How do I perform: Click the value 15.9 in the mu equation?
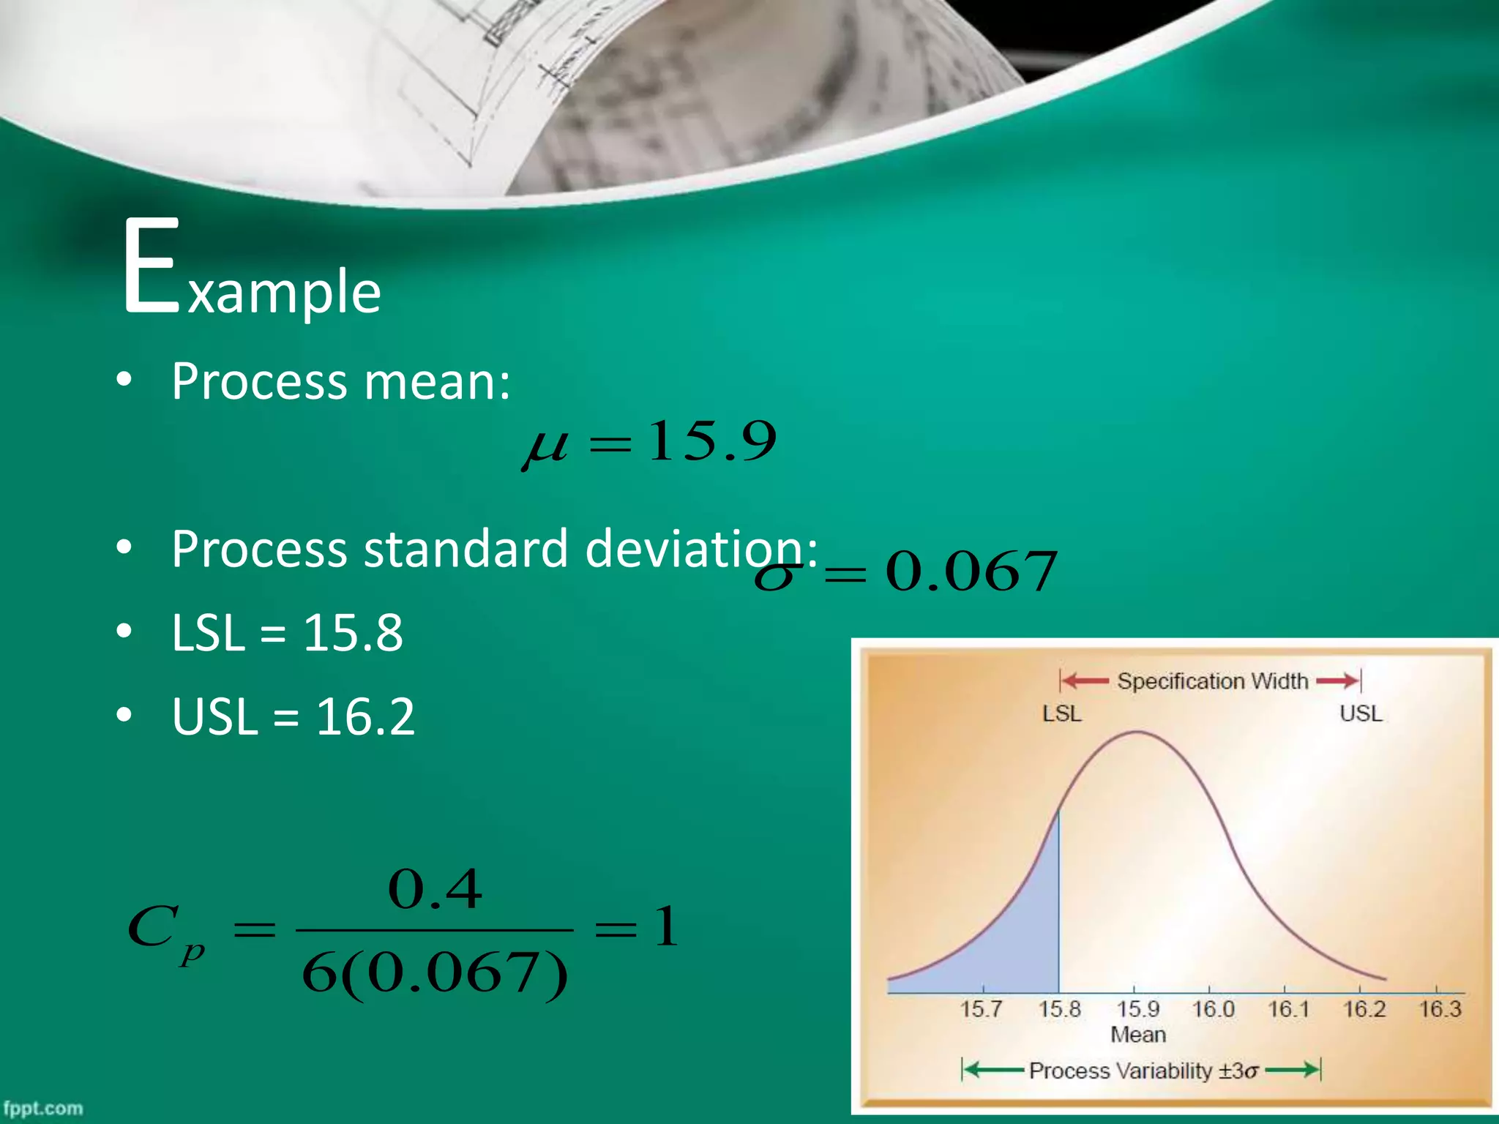click(x=711, y=441)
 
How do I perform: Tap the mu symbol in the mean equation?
click(x=545, y=446)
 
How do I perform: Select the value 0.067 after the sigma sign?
click(x=971, y=572)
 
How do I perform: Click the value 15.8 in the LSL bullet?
click(x=353, y=632)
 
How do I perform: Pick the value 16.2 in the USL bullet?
click(x=365, y=716)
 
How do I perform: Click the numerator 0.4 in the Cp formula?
click(x=435, y=890)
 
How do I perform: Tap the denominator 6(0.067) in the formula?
click(x=435, y=974)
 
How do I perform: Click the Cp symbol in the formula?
click(x=165, y=932)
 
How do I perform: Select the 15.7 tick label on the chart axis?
click(x=981, y=1009)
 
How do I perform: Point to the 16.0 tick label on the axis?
click(x=1213, y=1009)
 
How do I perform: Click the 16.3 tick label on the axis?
click(x=1440, y=1009)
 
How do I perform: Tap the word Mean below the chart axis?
click(x=1137, y=1035)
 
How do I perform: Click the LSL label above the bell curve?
click(x=1061, y=713)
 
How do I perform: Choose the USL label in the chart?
click(x=1361, y=713)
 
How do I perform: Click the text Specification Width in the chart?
click(x=1212, y=681)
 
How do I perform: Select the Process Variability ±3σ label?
click(x=1143, y=1071)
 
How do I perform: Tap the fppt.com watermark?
click(x=42, y=1109)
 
